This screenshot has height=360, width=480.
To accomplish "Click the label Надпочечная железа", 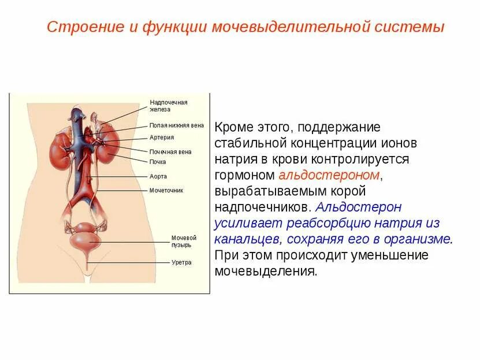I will pyautogui.click(x=168, y=106).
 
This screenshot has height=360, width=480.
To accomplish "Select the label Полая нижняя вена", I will pyautogui.click(x=176, y=125).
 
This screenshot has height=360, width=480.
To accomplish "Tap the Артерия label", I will pyautogui.click(x=162, y=138).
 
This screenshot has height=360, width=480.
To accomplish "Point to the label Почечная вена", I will pyautogui.click(x=170, y=152).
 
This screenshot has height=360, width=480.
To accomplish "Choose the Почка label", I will pyautogui.click(x=158, y=162).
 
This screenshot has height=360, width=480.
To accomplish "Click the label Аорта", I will pyautogui.click(x=158, y=176).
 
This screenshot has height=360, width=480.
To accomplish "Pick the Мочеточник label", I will pyautogui.click(x=166, y=190).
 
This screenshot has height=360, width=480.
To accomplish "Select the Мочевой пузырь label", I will pyautogui.click(x=184, y=241).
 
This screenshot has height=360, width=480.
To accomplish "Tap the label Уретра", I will pyautogui.click(x=181, y=262).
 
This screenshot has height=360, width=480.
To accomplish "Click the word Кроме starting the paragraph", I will pyautogui.click(x=233, y=127).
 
